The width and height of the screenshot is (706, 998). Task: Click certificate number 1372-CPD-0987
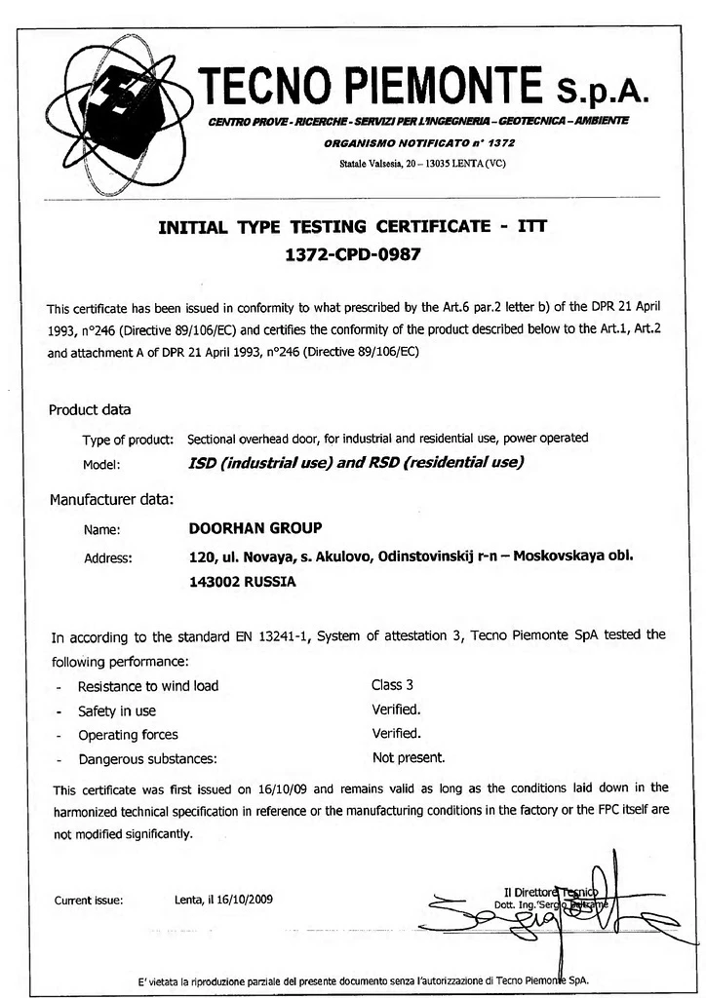[x=353, y=256]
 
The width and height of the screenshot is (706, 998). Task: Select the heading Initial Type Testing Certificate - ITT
[x=353, y=227]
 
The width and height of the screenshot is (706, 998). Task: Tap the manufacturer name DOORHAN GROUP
[x=255, y=528]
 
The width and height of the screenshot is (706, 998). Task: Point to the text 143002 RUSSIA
[x=242, y=582]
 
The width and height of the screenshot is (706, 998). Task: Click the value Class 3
[x=393, y=685]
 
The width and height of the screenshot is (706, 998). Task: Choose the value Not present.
[x=409, y=757]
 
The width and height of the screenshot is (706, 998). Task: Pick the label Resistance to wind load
[x=148, y=686]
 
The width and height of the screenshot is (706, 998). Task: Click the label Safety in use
[x=117, y=711]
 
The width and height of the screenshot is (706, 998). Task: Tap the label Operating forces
[x=129, y=735]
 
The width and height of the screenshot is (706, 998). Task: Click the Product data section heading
[x=90, y=410]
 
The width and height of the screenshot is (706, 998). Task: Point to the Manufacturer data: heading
[x=111, y=501]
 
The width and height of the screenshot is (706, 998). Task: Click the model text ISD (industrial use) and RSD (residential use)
[x=356, y=463]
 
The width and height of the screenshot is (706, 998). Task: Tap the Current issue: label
[x=89, y=900]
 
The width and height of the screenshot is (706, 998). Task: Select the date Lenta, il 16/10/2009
[x=224, y=899]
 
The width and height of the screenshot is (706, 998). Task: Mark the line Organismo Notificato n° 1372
[x=419, y=142]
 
